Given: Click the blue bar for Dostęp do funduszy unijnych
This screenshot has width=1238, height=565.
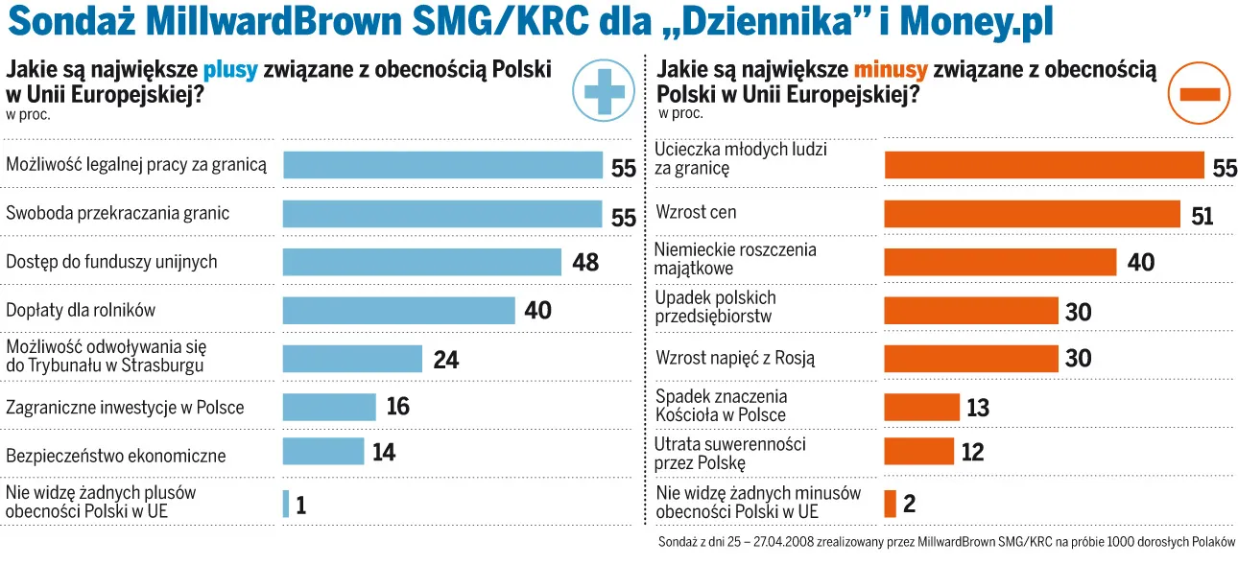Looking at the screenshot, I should [421, 262].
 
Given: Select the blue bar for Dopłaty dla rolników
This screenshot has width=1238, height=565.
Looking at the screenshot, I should [399, 310].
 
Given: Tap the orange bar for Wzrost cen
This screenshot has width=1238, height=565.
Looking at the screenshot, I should [1032, 214].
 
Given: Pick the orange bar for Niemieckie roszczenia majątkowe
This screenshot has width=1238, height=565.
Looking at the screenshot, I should [999, 262].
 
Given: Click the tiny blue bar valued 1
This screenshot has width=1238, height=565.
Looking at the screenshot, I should [286, 504].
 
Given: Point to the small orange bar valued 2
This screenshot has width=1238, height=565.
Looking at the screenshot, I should [890, 504].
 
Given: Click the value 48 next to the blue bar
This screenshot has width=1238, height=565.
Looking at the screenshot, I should [585, 262].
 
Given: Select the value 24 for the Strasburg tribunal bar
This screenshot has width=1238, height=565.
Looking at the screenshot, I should [446, 360].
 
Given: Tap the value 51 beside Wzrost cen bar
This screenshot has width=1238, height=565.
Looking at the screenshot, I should [1202, 216].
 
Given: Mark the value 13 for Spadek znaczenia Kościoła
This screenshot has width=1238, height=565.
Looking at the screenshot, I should [978, 408].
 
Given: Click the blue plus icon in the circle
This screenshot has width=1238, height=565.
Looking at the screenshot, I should [605, 89].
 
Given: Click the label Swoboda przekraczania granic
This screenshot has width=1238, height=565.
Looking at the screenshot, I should [118, 212].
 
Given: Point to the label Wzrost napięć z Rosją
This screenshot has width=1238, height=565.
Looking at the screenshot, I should [735, 358].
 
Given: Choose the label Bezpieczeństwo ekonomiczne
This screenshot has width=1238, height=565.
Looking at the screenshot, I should [116, 455].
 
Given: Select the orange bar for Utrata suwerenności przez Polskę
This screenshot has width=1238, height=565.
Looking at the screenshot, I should [918, 451].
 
